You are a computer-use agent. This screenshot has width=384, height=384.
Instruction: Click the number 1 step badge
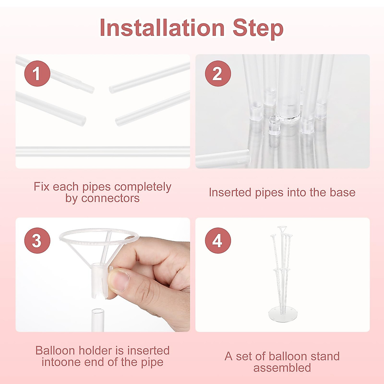tap(37, 74)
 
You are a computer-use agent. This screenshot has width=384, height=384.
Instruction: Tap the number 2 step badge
tap(218, 74)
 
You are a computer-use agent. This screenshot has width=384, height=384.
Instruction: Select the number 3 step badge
tap(37, 241)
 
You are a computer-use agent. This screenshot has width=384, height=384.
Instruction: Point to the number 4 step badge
tap(218, 241)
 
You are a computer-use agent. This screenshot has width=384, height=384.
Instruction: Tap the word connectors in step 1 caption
tap(110, 198)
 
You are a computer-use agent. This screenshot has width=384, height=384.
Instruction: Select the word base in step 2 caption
tap(343, 193)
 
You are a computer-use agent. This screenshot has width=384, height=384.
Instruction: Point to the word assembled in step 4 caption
tap(282, 368)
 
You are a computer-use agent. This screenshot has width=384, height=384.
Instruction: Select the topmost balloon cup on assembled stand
tap(282, 228)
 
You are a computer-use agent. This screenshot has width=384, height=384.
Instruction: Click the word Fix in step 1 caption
tap(42, 187)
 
